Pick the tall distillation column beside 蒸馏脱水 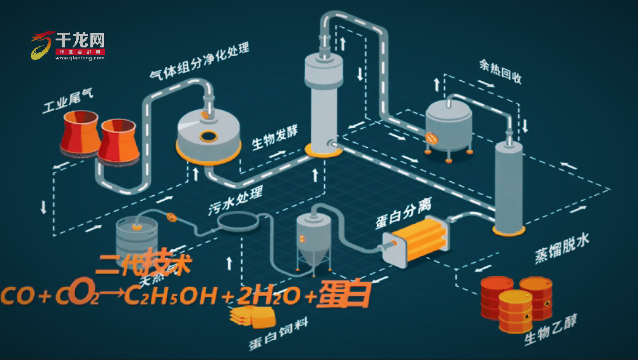click(x=509, y=186)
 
